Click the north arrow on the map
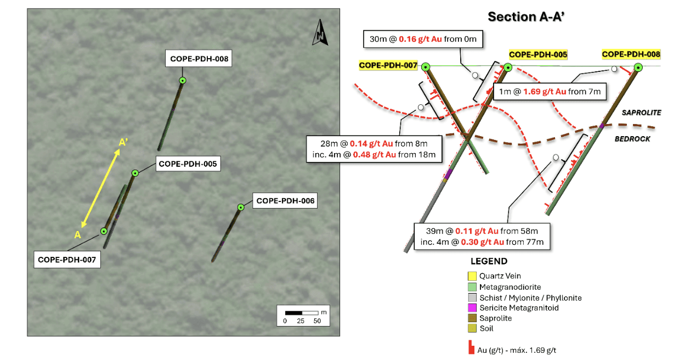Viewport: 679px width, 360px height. tap(320, 33)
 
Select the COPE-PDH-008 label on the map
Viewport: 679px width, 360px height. tap(191, 58)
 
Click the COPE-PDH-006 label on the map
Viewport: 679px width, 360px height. tap(285, 201)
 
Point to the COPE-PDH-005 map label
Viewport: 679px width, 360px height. tap(188, 164)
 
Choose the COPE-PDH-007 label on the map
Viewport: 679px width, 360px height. tap(67, 260)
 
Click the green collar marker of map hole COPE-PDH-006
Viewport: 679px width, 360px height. tap(241, 207)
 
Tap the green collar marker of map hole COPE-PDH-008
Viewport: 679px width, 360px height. tap(183, 81)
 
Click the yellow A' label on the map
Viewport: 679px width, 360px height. tap(125, 142)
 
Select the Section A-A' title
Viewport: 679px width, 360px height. tap(527, 17)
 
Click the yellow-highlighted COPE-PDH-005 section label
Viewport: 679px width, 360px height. tap(538, 54)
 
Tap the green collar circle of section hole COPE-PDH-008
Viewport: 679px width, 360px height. tap(638, 67)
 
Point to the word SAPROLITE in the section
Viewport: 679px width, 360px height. tap(641, 113)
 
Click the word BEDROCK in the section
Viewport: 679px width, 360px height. tap(632, 139)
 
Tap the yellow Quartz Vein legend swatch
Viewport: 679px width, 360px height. tap(472, 276)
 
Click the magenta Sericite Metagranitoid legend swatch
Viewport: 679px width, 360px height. tap(472, 307)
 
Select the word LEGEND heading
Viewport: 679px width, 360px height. tap(489, 261)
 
